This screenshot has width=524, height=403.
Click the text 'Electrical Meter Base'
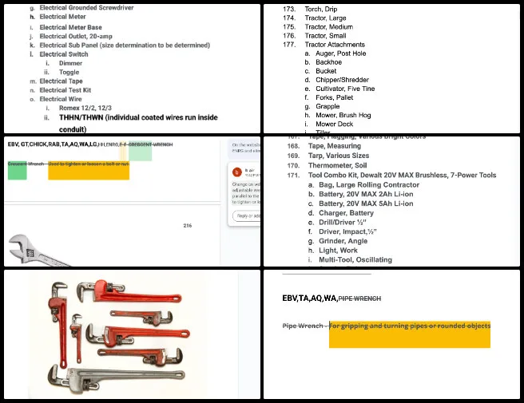coord(70,27)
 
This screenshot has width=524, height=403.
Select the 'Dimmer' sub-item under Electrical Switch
coord(70,63)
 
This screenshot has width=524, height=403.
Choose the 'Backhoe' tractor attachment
coord(328,62)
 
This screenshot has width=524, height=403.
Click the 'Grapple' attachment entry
coord(327,106)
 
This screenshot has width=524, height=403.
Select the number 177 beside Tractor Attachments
coord(289,45)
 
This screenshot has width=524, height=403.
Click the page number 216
coord(188,226)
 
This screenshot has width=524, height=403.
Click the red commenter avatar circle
coord(236,172)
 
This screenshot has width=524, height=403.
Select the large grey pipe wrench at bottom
coord(120,377)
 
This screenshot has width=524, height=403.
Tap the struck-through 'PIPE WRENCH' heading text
coord(360,298)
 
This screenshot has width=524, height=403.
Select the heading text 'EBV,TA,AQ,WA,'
coord(310,298)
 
